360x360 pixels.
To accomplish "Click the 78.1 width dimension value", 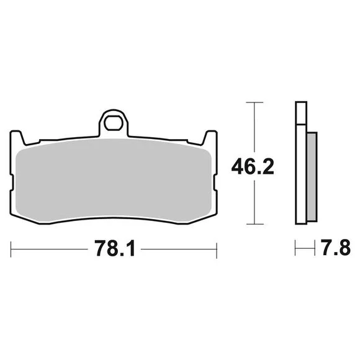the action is (x=115, y=248).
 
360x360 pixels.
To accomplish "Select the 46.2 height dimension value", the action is (x=253, y=166).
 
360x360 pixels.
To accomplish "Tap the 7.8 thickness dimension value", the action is (x=336, y=248).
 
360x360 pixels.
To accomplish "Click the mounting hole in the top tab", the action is (x=114, y=124).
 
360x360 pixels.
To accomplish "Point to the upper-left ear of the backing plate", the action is (x=17, y=137).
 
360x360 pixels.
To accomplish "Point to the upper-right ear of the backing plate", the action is (x=210, y=137).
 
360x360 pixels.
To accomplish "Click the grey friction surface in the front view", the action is (x=114, y=181).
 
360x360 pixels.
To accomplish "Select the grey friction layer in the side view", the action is (x=312, y=177).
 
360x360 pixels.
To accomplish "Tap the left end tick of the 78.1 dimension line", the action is (x=11, y=249).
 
